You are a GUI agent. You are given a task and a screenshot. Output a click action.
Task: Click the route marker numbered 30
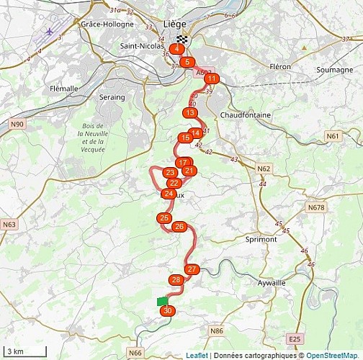[x=168, y=310]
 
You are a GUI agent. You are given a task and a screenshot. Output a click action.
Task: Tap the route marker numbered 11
[x=212, y=78]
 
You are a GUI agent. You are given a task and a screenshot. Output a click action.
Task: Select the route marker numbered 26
[x=179, y=227]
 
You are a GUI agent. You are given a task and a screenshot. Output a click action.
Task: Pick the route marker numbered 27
[x=192, y=269]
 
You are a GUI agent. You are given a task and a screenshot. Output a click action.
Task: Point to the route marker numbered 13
[x=189, y=113]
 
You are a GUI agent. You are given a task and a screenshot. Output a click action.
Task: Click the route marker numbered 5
[x=187, y=62]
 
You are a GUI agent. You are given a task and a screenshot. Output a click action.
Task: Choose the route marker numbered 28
[x=176, y=279]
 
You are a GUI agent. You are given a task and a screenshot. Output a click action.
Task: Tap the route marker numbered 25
[x=164, y=218]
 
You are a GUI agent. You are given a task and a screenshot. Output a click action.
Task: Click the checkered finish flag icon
[x=181, y=39]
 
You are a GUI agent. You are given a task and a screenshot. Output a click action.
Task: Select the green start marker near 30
[x=162, y=301]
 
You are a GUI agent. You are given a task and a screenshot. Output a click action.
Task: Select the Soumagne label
[x=332, y=69]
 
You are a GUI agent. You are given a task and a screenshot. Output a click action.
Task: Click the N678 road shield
[x=315, y=207]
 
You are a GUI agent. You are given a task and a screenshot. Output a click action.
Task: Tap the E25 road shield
[x=294, y=338]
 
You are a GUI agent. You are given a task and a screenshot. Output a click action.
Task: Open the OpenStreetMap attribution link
[x=333, y=355]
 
